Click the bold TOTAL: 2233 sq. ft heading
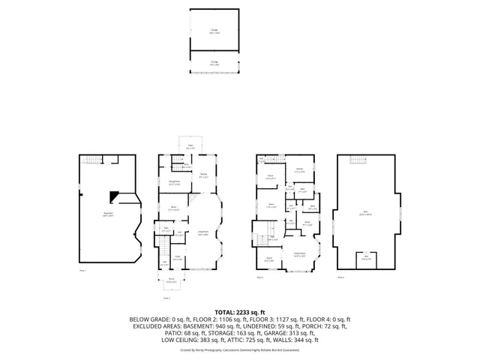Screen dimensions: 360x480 pos(240,311)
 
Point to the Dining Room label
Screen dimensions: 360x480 pos(173,183)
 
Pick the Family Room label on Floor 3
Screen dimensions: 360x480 pos(298,255)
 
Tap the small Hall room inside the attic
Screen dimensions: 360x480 pos(366,258)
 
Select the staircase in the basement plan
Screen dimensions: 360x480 pos(90,160)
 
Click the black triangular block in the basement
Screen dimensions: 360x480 pos(113,196)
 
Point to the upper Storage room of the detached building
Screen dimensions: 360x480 pos(214,31)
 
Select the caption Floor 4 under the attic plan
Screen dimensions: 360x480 pos(340,277)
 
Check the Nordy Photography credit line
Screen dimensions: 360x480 pos(240,349)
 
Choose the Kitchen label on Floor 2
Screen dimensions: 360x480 pos(203,176)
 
